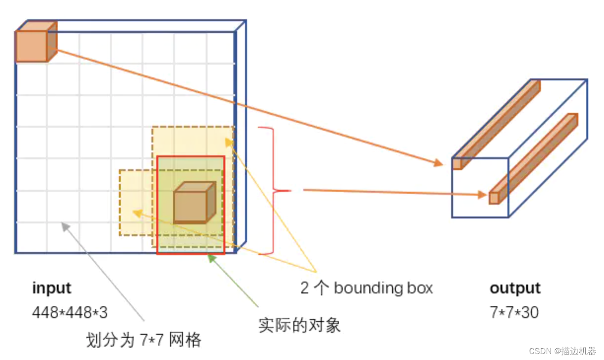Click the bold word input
click(x=52, y=288)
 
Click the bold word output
click(x=515, y=288)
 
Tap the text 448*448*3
click(x=70, y=312)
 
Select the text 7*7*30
click(x=514, y=312)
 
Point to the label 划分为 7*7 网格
click(x=143, y=340)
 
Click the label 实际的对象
click(x=299, y=325)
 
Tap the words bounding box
click(x=383, y=288)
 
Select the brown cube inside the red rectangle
click(x=193, y=203)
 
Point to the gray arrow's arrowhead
click(x=65, y=226)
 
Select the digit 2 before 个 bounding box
click(x=305, y=288)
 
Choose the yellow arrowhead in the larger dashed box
click(x=229, y=142)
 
